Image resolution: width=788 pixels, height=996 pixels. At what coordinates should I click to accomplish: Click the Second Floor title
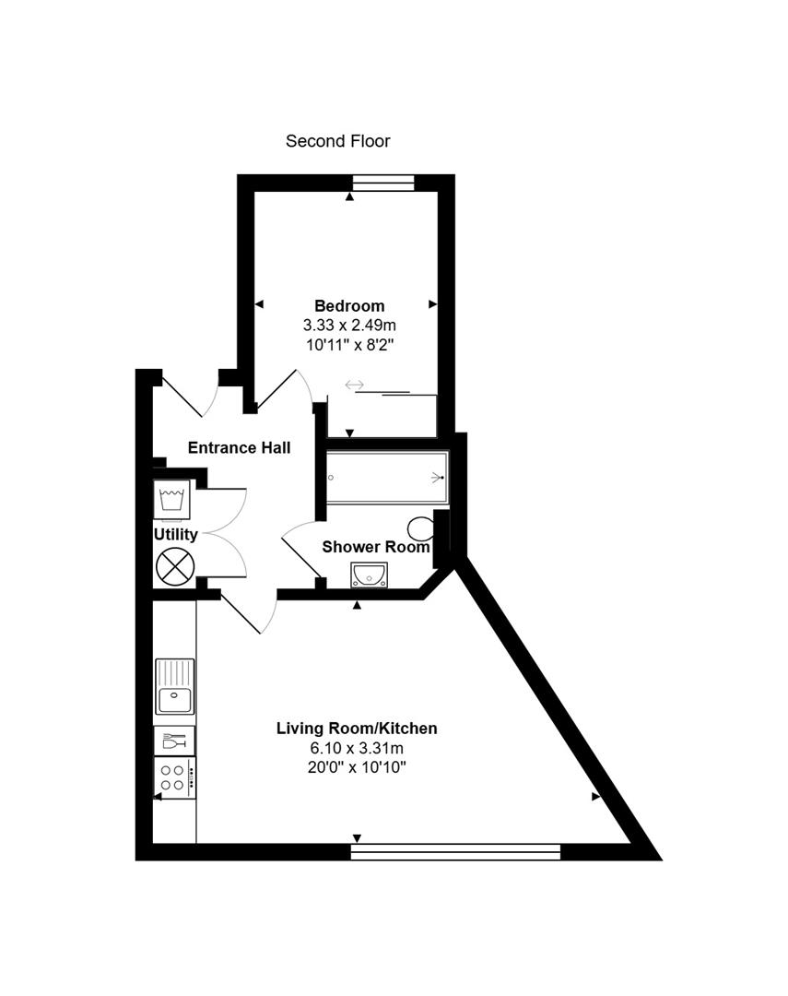338,141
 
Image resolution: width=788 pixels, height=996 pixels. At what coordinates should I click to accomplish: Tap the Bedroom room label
349,305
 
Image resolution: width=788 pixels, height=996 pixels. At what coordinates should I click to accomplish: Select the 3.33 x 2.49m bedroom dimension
349,326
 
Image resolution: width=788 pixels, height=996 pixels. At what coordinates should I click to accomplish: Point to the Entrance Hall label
240,448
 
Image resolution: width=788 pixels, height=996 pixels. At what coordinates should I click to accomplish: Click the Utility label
176,535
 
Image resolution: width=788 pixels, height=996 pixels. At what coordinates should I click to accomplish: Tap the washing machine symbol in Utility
172,499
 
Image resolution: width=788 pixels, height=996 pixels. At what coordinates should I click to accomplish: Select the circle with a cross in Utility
175,566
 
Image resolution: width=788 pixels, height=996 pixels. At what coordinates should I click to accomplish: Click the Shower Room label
376,547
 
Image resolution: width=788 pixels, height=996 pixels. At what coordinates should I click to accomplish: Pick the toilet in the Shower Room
421,528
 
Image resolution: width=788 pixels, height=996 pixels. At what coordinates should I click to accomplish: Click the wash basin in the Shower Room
369,575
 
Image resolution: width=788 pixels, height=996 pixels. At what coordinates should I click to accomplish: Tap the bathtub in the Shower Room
387,478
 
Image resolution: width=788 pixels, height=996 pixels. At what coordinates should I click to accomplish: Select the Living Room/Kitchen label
357,729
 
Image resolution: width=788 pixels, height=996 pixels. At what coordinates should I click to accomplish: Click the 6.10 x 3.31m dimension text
357,748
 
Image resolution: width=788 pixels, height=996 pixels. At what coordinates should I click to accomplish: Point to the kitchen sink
174,687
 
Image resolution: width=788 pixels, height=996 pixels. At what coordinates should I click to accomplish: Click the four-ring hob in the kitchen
174,777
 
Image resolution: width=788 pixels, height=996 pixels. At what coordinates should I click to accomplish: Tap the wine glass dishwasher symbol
174,741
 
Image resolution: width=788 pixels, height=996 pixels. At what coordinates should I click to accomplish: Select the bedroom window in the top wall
383,183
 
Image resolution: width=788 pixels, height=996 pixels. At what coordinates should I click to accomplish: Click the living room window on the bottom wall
456,852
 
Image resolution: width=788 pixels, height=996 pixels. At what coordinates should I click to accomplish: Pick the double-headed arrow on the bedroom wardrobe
354,385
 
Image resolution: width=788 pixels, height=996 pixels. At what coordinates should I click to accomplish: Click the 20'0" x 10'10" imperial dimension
357,767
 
